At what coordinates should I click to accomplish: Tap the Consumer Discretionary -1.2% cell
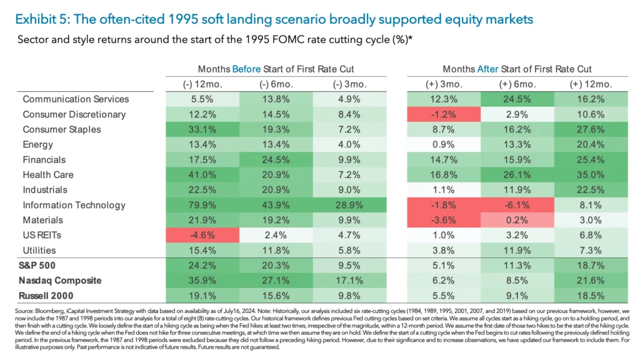[x=443, y=114]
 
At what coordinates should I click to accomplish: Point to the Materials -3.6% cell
[x=443, y=220]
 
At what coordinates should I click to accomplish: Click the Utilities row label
[x=39, y=251]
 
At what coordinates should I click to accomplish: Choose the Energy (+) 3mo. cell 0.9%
[x=443, y=145]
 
